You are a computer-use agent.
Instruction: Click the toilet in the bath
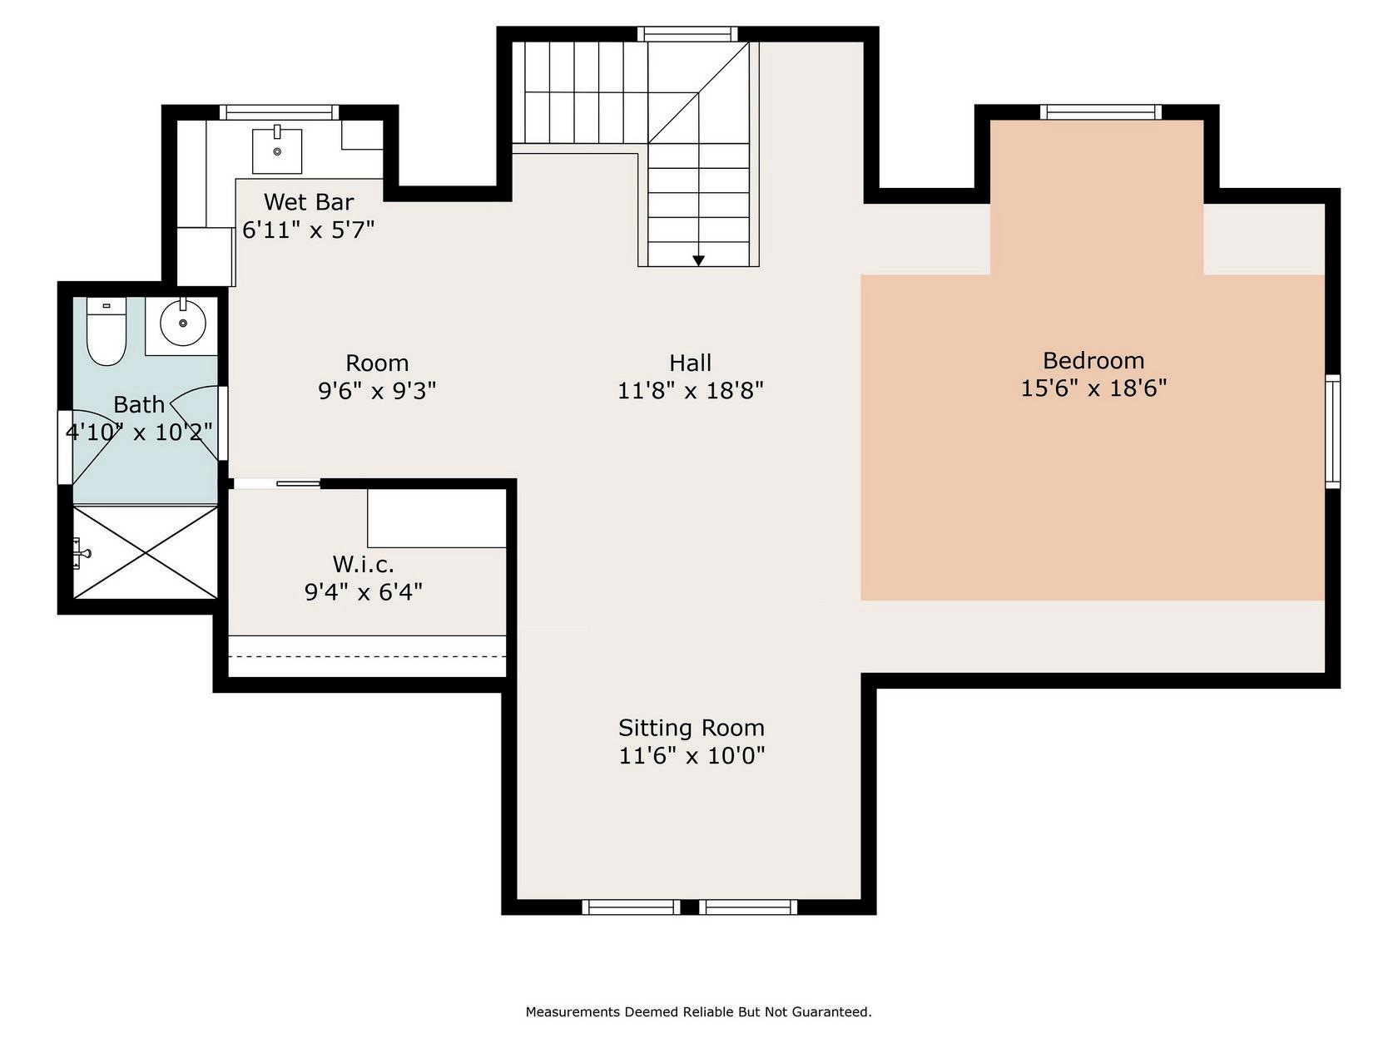click(x=107, y=331)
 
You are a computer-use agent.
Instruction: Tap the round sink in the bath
click(x=183, y=323)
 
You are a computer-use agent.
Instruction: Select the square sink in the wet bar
click(x=277, y=151)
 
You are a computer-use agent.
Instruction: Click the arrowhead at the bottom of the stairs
click(x=699, y=261)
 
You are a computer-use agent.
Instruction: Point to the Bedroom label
click(x=1093, y=361)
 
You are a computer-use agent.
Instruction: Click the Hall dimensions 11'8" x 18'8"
click(x=691, y=390)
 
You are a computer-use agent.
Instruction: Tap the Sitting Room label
click(x=691, y=727)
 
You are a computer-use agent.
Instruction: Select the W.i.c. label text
click(x=363, y=564)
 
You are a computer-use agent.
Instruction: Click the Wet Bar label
click(x=309, y=202)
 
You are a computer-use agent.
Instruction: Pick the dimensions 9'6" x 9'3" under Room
click(x=377, y=390)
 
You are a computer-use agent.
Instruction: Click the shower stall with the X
click(x=146, y=552)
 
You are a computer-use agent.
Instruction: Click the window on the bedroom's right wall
click(x=1332, y=432)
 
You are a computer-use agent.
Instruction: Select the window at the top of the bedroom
click(x=1101, y=112)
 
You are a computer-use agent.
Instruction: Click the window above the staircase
click(x=687, y=34)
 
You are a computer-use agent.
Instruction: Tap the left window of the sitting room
click(x=631, y=907)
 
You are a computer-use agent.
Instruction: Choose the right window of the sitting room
click(x=748, y=907)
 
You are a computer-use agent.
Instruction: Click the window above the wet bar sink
click(x=279, y=112)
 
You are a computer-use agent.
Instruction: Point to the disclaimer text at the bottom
click(x=698, y=1011)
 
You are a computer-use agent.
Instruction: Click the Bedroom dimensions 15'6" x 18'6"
click(x=1093, y=388)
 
